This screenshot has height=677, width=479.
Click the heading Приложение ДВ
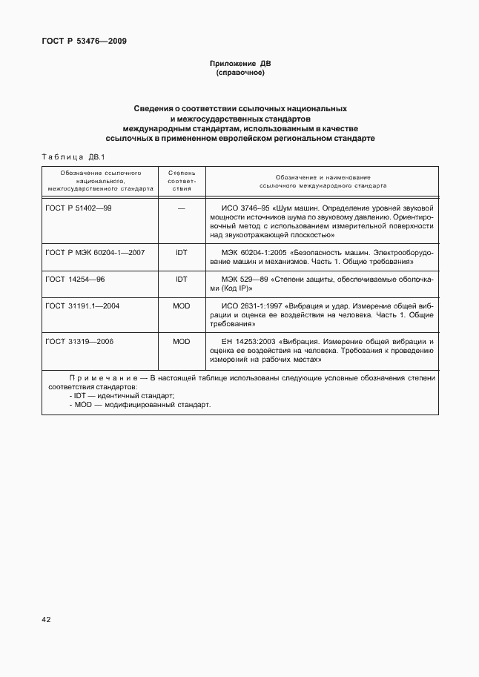tap(239, 65)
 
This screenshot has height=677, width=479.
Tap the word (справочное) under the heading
tap(239, 73)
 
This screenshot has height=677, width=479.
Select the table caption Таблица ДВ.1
tap(74, 156)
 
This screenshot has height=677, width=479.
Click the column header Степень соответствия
tap(182, 180)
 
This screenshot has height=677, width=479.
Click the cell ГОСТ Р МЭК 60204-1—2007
tap(95, 252)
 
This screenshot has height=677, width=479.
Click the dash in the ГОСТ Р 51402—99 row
tap(182, 208)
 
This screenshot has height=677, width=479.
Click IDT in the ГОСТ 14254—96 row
tap(182, 279)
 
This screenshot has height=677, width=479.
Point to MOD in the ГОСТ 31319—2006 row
tap(182, 341)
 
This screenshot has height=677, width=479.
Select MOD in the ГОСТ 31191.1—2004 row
tap(182, 306)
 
